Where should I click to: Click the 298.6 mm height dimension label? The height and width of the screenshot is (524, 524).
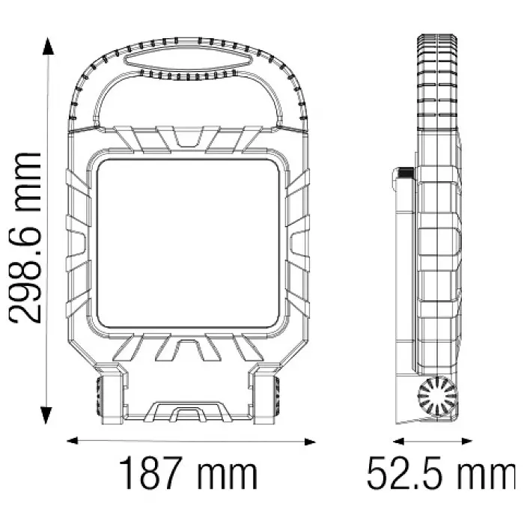click(x=25, y=238)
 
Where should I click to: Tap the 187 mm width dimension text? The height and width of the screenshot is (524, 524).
click(x=188, y=473)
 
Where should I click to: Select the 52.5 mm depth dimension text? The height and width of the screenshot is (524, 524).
click(x=441, y=474)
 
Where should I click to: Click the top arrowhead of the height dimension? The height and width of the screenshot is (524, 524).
click(x=48, y=46)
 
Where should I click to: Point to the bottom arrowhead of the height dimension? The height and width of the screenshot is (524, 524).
click(x=46, y=415)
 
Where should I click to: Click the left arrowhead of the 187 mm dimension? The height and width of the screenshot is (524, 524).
click(x=73, y=440)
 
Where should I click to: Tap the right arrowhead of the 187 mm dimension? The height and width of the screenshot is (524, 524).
click(x=310, y=442)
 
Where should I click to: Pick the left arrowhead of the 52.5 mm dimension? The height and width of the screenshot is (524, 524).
click(x=398, y=442)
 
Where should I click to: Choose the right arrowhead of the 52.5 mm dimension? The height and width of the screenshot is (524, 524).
click(x=467, y=442)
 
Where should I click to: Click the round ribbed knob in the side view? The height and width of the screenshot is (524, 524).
click(x=437, y=396)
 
